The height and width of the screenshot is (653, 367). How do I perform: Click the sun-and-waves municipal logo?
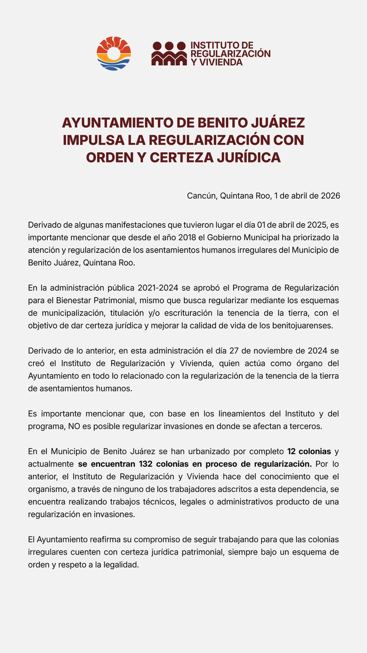tap(114, 53)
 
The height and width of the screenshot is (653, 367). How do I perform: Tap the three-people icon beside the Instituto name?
tap(169, 53)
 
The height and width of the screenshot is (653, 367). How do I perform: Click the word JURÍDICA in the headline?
tap(248, 157)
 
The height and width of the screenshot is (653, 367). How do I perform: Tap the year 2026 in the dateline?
tap(330, 195)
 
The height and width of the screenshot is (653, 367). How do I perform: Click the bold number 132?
tap(146, 464)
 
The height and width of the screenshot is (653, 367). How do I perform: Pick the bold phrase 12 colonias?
tap(309, 451)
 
